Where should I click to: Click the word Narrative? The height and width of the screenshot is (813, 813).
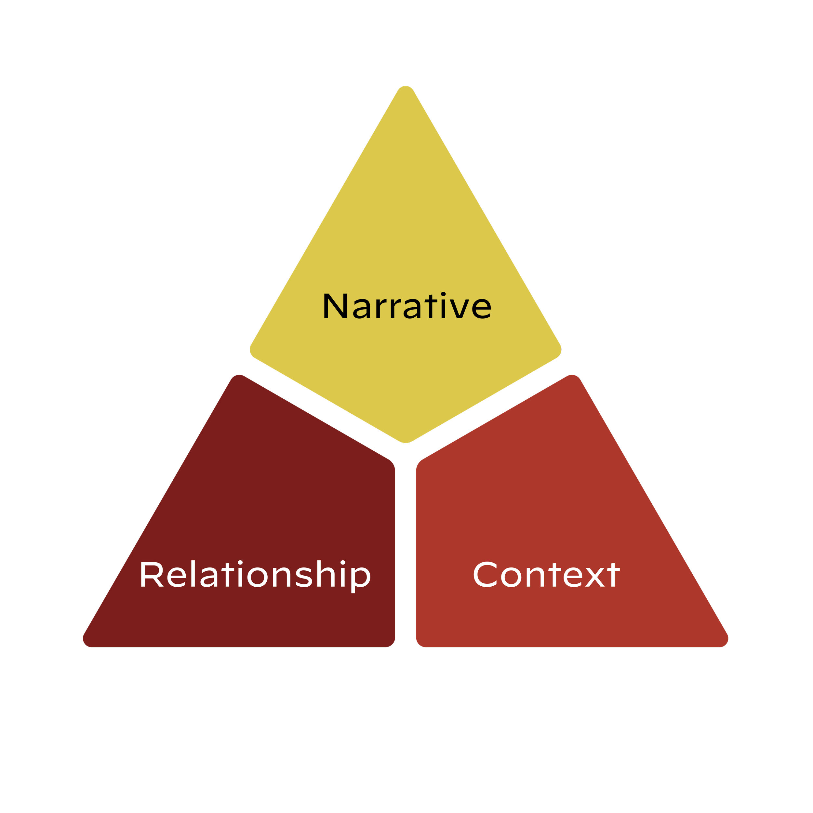406,306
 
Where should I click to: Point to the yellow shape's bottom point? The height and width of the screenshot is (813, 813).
406,441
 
